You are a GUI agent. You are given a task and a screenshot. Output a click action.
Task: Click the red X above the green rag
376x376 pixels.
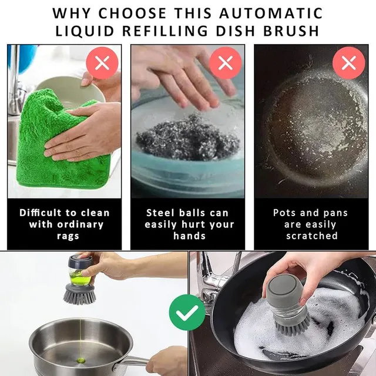point(102,63)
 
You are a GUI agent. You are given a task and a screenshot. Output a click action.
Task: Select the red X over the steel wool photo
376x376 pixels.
point(225,63)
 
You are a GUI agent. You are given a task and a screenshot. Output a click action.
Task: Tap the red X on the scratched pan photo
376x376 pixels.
point(348,63)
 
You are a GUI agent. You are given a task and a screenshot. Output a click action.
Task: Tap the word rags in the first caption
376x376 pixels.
point(65,236)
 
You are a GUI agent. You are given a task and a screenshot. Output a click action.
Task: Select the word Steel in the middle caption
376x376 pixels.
point(162,213)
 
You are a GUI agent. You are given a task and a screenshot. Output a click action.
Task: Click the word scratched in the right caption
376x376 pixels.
point(311,236)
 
